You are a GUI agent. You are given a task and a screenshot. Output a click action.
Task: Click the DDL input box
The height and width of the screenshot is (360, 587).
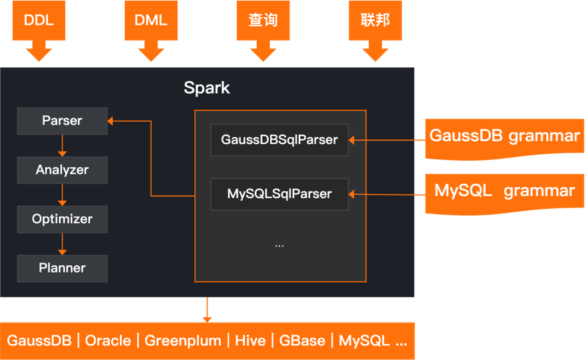[39, 20]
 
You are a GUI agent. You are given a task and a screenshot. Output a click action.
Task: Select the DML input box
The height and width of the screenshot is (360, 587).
[151, 20]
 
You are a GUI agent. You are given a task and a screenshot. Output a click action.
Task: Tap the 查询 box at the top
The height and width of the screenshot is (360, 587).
[263, 20]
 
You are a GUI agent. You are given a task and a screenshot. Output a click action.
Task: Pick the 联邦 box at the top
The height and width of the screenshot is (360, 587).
[375, 20]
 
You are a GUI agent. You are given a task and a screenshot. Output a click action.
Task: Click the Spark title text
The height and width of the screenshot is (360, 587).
[207, 88]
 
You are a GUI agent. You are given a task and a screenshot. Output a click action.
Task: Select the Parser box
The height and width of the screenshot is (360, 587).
[62, 121]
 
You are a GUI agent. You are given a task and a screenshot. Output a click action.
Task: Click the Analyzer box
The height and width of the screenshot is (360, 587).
[62, 170]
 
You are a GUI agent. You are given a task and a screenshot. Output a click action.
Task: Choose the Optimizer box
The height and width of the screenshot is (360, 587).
[62, 219]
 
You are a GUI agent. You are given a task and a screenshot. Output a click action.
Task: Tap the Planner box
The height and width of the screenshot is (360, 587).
[62, 268]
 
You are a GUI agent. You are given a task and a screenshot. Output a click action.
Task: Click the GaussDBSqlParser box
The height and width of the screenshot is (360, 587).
[279, 140]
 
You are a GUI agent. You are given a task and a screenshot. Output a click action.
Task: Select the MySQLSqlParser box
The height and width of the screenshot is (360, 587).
[279, 194]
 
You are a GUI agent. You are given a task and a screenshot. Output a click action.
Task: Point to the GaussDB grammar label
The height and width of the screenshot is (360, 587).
[504, 137]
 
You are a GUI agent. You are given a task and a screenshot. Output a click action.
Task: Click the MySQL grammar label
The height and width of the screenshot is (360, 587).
[504, 191]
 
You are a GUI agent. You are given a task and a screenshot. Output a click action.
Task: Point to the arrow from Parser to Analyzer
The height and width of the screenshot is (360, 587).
[62, 145]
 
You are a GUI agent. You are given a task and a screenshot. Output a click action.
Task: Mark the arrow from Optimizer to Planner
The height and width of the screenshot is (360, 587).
[62, 243]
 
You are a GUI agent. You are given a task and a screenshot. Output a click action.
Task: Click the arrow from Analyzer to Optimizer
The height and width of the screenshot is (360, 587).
[62, 194]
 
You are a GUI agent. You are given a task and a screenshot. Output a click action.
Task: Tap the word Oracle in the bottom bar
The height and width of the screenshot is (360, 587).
[108, 341]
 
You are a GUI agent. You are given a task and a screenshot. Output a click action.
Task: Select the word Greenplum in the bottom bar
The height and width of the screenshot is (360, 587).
[183, 341]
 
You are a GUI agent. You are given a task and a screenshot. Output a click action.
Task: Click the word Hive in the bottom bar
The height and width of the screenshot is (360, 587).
[250, 341]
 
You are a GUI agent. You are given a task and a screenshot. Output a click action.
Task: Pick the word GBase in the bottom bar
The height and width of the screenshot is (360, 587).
[302, 341]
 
